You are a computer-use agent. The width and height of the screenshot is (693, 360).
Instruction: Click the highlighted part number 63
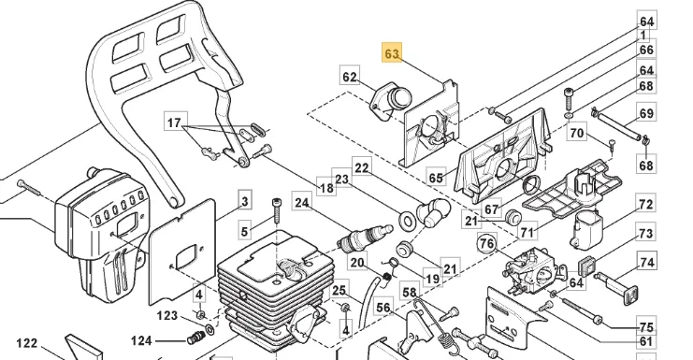click(x=392, y=53)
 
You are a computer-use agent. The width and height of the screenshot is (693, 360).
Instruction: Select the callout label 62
click(x=350, y=77)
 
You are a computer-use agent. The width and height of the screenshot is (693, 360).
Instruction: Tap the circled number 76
click(x=487, y=243)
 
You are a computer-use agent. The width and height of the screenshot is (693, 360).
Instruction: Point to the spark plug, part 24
click(x=364, y=238)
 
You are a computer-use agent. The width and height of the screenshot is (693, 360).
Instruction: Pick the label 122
click(x=26, y=343)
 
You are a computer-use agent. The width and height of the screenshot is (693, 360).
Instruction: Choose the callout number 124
click(x=141, y=340)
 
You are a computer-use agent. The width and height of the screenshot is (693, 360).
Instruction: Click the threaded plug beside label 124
click(x=195, y=338)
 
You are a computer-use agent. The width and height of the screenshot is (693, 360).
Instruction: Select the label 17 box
click(x=175, y=122)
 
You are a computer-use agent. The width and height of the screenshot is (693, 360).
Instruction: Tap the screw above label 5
click(x=276, y=211)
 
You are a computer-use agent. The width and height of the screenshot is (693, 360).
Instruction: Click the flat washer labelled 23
click(x=407, y=220)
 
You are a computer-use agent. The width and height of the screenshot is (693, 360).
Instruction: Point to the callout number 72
click(x=645, y=205)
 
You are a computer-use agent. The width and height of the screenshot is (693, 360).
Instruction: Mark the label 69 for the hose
click(x=646, y=113)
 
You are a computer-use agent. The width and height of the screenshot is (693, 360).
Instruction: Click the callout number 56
click(x=383, y=308)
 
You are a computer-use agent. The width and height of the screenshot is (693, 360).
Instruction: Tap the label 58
click(x=410, y=292)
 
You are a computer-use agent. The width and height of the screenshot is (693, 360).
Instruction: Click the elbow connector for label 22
click(x=435, y=211)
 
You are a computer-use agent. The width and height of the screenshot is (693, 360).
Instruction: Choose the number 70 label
click(x=577, y=133)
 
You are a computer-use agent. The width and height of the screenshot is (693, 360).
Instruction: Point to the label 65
click(x=436, y=178)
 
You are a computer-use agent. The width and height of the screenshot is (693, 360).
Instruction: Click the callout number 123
click(x=167, y=315)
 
